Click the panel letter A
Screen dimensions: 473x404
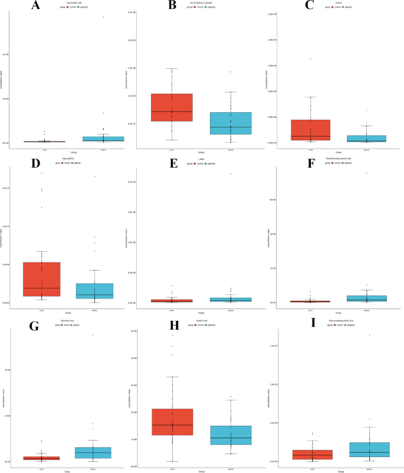click(x=36, y=6)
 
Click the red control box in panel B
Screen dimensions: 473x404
click(x=172, y=107)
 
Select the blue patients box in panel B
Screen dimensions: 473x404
click(x=231, y=123)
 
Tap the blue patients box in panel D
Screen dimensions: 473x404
click(x=94, y=291)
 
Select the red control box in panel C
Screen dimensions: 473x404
click(x=310, y=130)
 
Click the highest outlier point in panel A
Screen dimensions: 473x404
click(x=103, y=17)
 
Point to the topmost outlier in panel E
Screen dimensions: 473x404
click(x=231, y=174)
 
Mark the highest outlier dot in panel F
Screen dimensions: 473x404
click(x=366, y=173)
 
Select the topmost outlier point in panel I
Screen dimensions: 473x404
click(x=369, y=335)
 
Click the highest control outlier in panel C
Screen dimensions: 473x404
click(x=310, y=59)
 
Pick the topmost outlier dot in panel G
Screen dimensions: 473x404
click(x=93, y=335)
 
